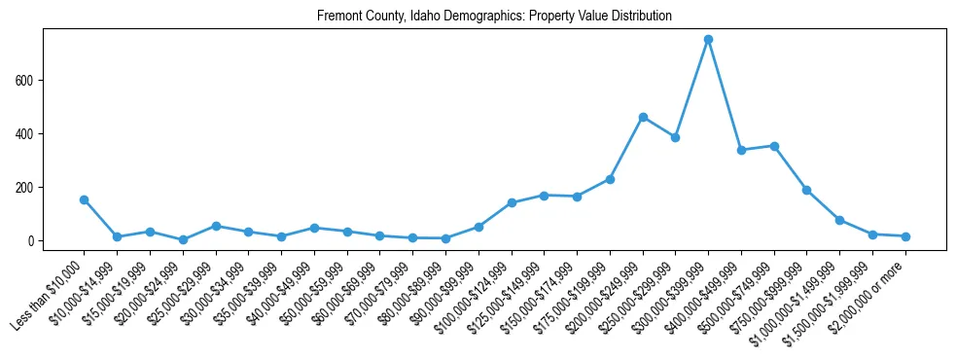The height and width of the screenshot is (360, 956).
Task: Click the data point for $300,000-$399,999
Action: pos(708,40)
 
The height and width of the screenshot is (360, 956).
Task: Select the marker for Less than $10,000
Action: pos(85,199)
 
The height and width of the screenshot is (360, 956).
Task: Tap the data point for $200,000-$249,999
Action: pos(643,117)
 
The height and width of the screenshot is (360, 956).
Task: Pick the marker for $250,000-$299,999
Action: pos(675,137)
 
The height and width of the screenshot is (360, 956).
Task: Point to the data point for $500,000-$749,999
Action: pos(774,146)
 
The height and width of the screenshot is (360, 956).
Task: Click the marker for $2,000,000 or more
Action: pos(905,236)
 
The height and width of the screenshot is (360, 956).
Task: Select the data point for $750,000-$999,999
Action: pos(806,190)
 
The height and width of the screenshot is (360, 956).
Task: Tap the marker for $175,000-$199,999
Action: pos(610,179)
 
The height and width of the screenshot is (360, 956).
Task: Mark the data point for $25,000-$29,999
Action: pos(216,226)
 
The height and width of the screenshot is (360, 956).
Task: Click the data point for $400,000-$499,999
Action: pos(741,150)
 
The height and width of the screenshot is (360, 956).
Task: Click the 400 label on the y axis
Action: pos(29,133)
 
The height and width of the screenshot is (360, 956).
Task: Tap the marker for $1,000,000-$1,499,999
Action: pos(839,220)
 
